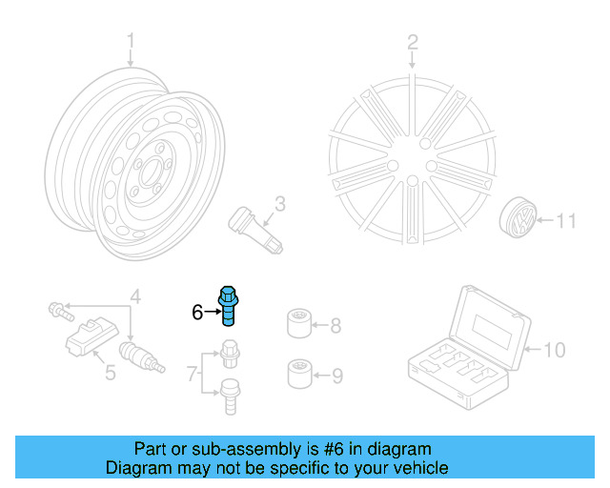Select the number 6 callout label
pyautogui.click(x=196, y=312)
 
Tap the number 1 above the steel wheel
pyautogui.click(x=132, y=41)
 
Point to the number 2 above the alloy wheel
pyautogui.click(x=413, y=41)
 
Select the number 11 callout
pyautogui.click(x=566, y=222)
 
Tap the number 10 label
pyautogui.click(x=556, y=350)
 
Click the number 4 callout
pyautogui.click(x=135, y=297)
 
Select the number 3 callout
pyautogui.click(x=280, y=203)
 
